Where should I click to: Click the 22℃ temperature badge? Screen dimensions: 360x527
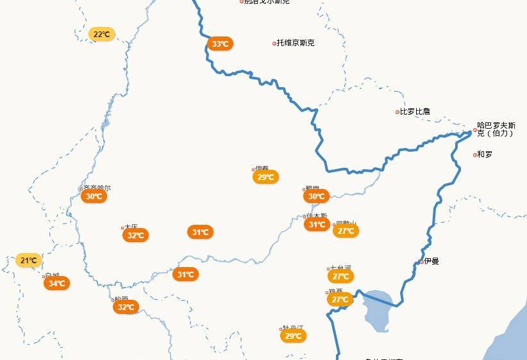click(x=101, y=35)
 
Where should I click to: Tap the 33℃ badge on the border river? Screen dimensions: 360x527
click(x=220, y=44)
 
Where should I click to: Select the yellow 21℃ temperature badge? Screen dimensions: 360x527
click(x=28, y=261)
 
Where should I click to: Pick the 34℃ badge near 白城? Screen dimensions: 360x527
click(x=56, y=284)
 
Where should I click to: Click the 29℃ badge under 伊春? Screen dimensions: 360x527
click(x=265, y=177)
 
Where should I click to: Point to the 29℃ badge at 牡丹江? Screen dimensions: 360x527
click(x=293, y=336)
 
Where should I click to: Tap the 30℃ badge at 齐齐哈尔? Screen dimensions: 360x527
click(x=94, y=197)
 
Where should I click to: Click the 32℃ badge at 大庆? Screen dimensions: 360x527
click(x=135, y=236)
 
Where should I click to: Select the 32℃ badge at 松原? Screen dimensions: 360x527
click(x=126, y=307)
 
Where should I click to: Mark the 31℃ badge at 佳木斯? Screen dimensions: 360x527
click(x=317, y=225)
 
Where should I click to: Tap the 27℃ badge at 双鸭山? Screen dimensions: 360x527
click(x=346, y=231)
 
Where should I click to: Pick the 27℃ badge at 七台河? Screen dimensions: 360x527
click(x=340, y=277)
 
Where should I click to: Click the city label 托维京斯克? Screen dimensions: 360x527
click(x=296, y=43)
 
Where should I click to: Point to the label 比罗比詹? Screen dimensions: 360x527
click(x=415, y=111)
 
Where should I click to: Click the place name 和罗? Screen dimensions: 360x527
click(x=485, y=154)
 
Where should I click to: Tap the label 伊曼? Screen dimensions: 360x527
click(x=431, y=261)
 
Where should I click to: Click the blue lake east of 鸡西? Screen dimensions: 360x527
click(x=378, y=307)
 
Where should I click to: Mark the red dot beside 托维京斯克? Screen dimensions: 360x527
click(x=274, y=44)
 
